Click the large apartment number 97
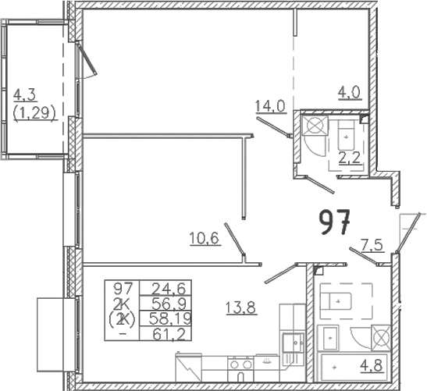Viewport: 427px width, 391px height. tap(334, 222)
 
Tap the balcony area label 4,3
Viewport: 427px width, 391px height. tap(25, 95)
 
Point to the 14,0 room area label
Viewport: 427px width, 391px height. tap(270, 106)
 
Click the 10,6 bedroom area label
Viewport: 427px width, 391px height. tap(205, 239)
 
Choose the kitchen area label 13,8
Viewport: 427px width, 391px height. tap(240, 308)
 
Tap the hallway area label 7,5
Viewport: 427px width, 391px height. tap(372, 245)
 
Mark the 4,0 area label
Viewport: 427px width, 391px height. tap(350, 93)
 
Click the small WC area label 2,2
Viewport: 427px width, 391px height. tap(350, 158)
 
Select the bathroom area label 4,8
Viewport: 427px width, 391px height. tap(372, 366)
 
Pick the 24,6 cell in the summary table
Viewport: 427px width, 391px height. tap(169, 289)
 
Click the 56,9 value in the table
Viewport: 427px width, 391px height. tap(169, 304)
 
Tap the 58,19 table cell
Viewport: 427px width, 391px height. tap(169, 318)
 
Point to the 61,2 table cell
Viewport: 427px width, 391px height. tap(169, 334)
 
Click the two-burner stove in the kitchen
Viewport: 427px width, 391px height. tap(240, 364)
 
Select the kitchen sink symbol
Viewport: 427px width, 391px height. tap(293, 343)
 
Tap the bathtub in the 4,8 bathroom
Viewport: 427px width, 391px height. tap(354, 368)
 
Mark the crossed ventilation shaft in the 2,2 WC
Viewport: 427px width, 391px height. tap(315, 126)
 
